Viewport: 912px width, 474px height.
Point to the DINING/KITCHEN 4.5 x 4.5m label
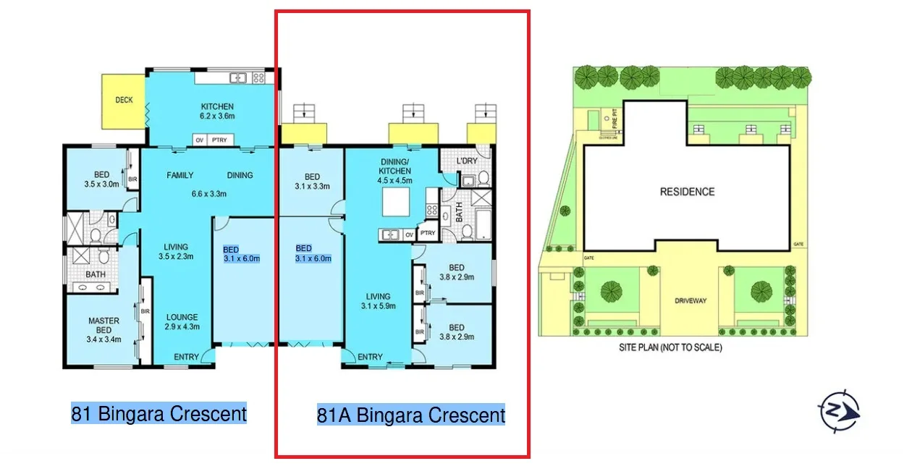click(395, 171)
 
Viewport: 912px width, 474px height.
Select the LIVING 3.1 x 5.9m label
click(378, 301)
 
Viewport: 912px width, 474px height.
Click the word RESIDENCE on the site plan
click(687, 192)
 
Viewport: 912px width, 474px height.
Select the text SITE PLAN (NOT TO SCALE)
click(670, 347)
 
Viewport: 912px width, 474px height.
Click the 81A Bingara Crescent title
click(410, 415)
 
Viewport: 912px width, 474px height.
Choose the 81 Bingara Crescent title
click(159, 414)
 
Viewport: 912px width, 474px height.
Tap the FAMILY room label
click(180, 175)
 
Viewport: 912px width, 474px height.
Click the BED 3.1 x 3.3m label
click(312, 182)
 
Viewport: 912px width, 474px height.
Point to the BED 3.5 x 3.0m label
click(101, 179)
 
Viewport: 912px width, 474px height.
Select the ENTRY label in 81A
click(370, 357)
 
